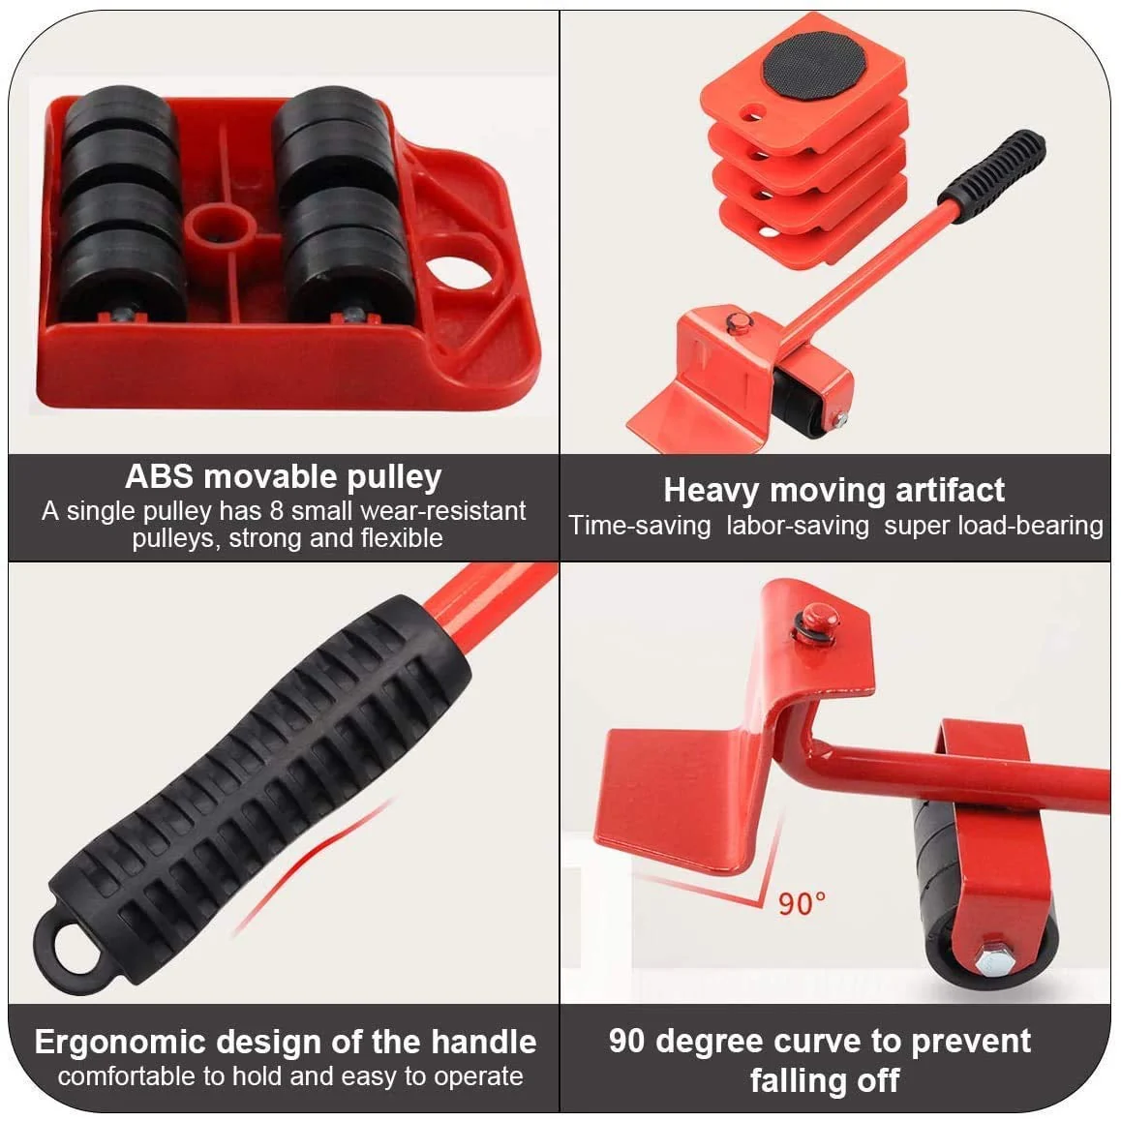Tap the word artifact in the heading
(949, 490)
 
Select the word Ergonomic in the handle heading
(118, 1042)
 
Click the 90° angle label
(803, 903)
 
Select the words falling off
(825, 1079)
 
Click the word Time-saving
(639, 526)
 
